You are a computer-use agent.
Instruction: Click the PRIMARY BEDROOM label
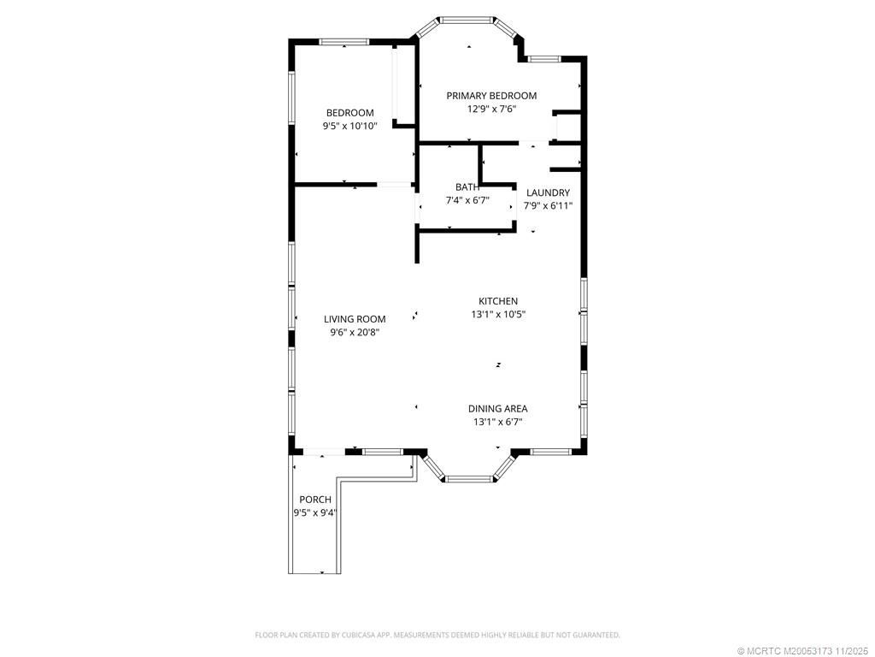[491, 96]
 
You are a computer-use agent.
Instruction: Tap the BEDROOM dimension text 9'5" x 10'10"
[349, 126]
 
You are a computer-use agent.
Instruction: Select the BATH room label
[467, 186]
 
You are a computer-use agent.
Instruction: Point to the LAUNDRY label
[548, 192]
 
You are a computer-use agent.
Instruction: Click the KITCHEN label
[497, 301]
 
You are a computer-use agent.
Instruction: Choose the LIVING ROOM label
[354, 319]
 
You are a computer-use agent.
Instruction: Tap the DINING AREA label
[497, 408]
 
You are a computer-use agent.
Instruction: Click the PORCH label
[314, 500]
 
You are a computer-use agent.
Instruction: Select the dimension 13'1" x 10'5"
[497, 314]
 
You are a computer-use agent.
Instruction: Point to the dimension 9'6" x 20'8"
[354, 332]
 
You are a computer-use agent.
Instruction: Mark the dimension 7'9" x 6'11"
[548, 205]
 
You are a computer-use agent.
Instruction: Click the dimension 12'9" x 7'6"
[491, 109]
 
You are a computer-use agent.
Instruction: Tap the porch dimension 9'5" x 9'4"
[314, 512]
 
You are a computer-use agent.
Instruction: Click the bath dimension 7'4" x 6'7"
[467, 200]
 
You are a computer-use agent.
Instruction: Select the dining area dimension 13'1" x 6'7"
[497, 421]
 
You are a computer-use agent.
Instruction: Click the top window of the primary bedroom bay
[467, 18]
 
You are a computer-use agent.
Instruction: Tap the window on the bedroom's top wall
[344, 41]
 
